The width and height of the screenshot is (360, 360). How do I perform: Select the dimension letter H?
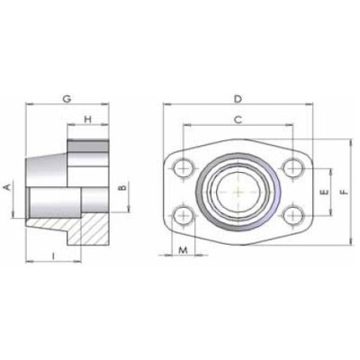88,120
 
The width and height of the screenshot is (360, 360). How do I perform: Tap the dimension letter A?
8,187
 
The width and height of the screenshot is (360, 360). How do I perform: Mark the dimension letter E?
324,191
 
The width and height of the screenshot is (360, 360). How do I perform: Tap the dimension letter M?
183,249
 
